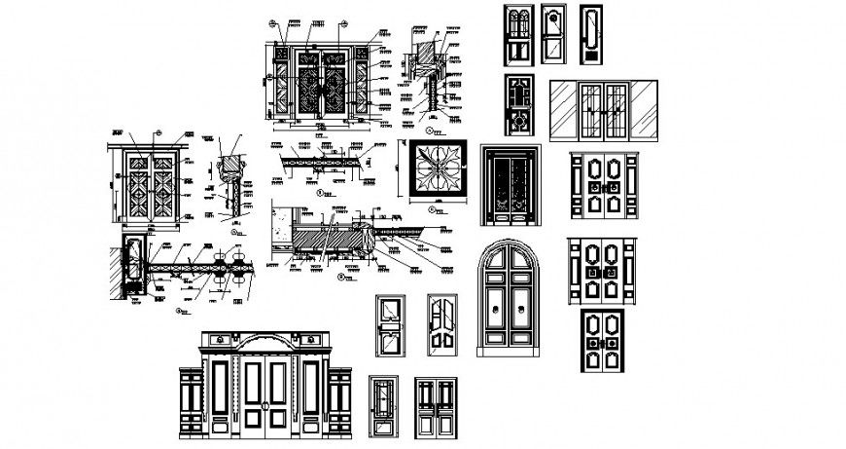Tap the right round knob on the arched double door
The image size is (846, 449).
click(523, 310)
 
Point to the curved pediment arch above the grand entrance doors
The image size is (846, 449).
click(259, 343)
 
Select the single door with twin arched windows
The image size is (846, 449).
click(517, 36)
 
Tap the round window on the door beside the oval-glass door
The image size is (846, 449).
click(554, 20)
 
